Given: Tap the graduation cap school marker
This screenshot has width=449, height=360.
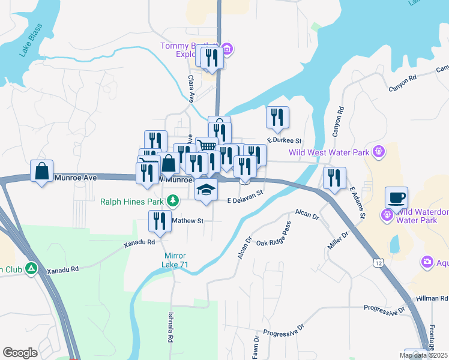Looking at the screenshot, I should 206,190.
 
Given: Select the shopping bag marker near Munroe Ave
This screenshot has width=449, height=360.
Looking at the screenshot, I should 41,171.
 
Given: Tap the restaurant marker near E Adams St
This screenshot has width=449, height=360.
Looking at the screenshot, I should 334,178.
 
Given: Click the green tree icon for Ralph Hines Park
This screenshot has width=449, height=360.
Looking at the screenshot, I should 173,199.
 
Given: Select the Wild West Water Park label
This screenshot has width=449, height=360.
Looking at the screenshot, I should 329,152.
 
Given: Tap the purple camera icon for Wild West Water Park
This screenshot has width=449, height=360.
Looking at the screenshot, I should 378,152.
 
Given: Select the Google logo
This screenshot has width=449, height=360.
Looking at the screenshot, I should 20,353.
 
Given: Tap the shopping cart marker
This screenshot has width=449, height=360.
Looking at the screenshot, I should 206,146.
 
